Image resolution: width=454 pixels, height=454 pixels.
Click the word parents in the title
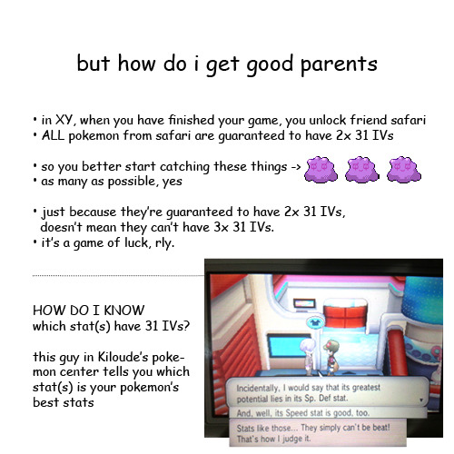tap(339, 64)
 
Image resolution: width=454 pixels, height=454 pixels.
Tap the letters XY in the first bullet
tap(64, 120)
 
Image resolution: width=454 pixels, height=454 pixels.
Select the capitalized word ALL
tap(53, 135)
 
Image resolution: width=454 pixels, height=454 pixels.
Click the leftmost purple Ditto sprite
tap(321, 170)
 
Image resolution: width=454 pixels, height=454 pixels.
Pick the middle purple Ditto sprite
tap(361, 170)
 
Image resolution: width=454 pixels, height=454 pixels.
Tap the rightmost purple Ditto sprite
tap(404, 170)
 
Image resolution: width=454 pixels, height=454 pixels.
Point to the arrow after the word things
tap(296, 167)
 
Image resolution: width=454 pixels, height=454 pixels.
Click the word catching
tap(184, 167)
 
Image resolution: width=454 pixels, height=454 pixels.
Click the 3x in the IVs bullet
tap(221, 227)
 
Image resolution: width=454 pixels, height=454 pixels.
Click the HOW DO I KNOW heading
tap(88, 311)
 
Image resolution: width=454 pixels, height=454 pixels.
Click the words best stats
tap(64, 402)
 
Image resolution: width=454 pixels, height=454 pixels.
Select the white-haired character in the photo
tap(308, 356)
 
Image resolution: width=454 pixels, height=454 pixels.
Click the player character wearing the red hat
tap(331, 357)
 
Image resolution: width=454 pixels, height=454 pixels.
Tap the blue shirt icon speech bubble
tap(315, 323)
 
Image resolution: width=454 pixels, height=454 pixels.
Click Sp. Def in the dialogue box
tap(316, 399)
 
